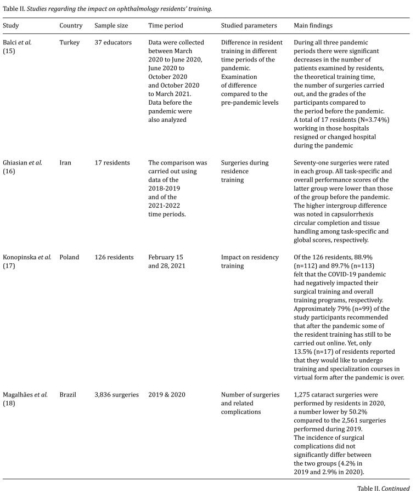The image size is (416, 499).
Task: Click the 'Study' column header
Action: click(11, 26)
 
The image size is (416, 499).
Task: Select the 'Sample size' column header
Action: click(111, 26)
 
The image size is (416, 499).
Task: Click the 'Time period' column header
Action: click(166, 26)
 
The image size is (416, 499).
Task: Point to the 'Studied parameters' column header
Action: click(249, 26)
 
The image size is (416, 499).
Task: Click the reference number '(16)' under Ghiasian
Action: click(9, 172)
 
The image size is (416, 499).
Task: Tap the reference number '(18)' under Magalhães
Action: click(9, 403)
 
